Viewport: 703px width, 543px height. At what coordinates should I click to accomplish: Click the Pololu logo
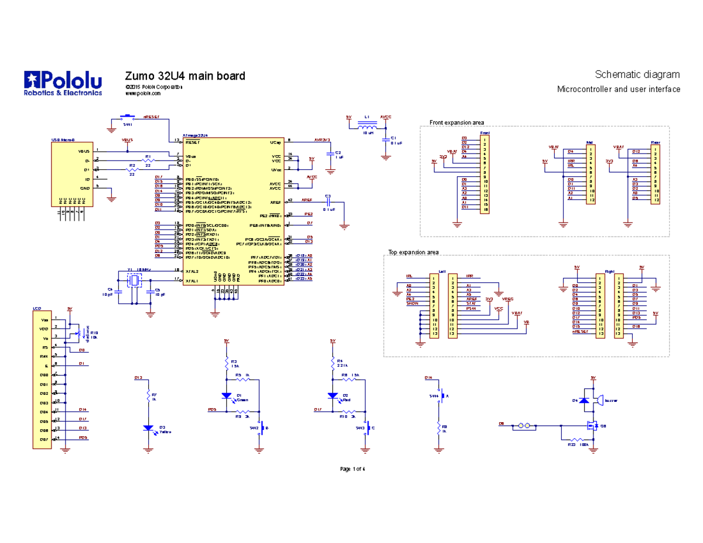[x=63, y=83]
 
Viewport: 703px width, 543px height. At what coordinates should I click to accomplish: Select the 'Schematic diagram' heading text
[x=637, y=74]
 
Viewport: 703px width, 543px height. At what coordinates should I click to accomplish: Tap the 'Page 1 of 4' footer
[x=353, y=469]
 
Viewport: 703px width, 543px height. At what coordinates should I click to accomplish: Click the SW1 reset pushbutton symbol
[x=127, y=117]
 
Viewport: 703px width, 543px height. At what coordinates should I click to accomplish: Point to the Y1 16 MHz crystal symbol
[x=134, y=281]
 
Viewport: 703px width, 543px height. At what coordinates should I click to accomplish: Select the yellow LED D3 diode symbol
[x=149, y=428]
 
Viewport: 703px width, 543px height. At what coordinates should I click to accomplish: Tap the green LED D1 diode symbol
[x=227, y=396]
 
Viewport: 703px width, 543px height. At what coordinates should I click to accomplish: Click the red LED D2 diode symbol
[x=333, y=396]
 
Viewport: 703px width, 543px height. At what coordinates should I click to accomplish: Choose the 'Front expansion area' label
[x=456, y=122]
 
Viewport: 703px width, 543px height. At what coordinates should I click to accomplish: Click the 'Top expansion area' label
[x=413, y=252]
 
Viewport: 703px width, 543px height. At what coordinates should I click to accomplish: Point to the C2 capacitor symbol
[x=330, y=153]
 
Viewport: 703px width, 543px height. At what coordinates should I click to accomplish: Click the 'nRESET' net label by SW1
[x=151, y=117]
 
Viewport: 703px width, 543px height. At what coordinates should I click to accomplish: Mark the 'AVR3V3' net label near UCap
[x=322, y=140]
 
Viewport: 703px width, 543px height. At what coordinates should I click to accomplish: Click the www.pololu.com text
[x=143, y=94]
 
